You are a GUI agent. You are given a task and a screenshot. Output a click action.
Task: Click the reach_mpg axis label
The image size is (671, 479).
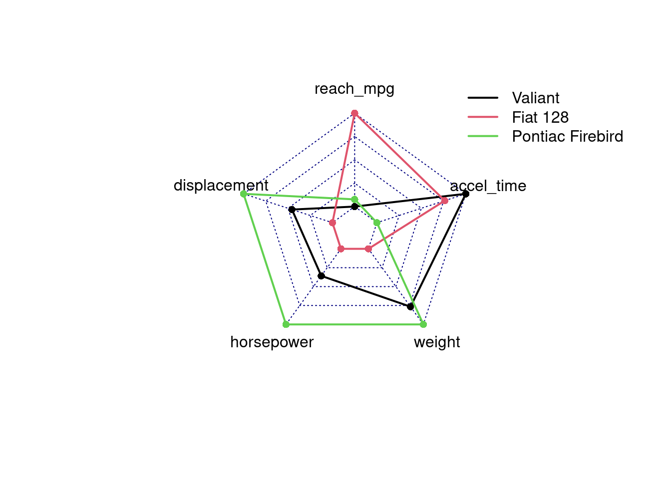point(354,89)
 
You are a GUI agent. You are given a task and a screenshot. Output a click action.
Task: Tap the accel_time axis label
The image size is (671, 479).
point(488,186)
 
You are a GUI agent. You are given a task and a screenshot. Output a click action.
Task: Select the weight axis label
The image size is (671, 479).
point(437,342)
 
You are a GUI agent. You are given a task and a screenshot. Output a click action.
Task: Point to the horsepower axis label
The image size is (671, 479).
point(272,342)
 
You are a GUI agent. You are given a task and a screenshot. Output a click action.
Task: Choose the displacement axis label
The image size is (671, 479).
point(221,186)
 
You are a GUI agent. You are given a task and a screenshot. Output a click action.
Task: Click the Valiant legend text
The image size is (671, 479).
point(535,98)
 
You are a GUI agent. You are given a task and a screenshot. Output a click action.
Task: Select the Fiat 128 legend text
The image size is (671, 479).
point(540,117)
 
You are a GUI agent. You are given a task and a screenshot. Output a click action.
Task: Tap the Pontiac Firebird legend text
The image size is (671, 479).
point(567,136)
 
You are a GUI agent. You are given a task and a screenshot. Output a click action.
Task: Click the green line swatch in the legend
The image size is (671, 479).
point(483,136)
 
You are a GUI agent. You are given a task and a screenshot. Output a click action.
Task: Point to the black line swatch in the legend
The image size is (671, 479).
point(483,98)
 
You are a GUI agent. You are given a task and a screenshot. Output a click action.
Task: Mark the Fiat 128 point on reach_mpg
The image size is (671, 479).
point(354,113)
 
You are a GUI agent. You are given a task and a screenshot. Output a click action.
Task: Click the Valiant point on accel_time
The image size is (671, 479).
point(466,194)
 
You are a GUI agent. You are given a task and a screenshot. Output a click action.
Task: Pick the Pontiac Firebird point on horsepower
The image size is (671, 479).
point(286,324)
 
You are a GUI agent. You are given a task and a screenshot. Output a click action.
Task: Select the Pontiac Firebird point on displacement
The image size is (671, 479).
point(243,194)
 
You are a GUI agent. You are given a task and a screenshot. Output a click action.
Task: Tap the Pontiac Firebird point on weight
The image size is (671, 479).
point(423,324)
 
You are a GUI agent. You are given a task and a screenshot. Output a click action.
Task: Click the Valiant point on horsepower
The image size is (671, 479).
point(322,276)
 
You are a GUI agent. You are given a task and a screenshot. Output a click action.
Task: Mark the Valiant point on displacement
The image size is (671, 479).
point(292,210)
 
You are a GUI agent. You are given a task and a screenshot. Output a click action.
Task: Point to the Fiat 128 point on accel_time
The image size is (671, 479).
point(444,201)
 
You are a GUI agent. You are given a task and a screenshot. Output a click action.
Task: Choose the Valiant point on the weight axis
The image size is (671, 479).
point(410,306)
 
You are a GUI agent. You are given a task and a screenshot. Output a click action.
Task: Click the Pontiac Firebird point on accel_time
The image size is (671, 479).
point(377,223)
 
